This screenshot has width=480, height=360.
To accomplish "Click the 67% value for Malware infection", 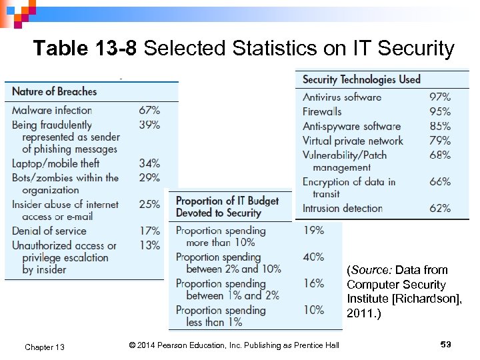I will [149, 110].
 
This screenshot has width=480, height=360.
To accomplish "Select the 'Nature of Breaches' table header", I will [54, 91].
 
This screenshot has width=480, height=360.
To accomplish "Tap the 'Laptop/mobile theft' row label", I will [55, 163].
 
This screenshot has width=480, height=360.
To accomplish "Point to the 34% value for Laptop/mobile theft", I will [149, 163].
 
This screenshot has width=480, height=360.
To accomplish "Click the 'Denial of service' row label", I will [49, 231].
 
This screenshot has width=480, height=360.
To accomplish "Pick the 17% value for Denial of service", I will [149, 231].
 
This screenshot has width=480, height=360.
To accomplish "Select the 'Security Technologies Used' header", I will [361, 79].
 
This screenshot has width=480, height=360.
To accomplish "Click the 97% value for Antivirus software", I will [439, 97].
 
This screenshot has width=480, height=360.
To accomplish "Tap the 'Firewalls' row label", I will [322, 111].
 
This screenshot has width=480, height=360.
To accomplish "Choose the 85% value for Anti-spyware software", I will [439, 126].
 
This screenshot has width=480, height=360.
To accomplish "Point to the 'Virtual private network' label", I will [353, 141].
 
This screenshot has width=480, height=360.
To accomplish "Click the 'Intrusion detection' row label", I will [343, 208].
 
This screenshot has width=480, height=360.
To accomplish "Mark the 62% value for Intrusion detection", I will [439, 208].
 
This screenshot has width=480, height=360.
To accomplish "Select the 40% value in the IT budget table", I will [313, 257].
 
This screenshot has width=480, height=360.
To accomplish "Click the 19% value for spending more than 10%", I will [313, 230].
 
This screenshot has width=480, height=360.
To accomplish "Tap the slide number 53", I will [446, 344].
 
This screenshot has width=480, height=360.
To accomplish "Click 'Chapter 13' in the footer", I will [45, 347].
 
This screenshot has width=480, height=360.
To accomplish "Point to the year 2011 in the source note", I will [359, 313].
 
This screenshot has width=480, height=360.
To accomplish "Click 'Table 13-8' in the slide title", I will [86, 49].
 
